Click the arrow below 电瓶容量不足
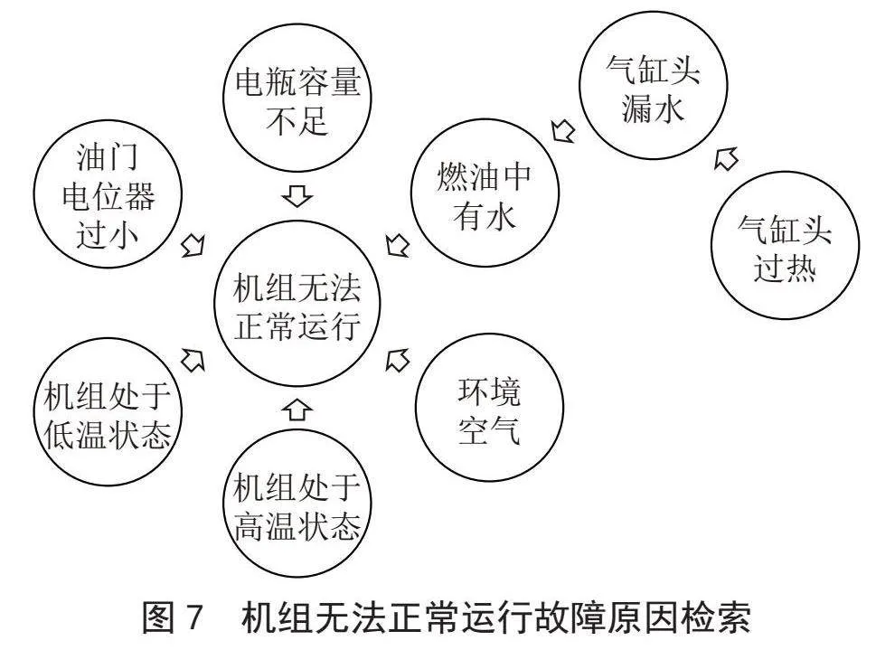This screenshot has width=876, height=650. (x=297, y=195)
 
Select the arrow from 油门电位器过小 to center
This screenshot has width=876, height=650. (x=193, y=245)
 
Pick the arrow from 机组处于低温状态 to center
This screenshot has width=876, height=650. (x=193, y=359)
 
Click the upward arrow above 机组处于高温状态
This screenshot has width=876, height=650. (x=297, y=410)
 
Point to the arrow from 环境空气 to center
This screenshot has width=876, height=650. (x=397, y=359)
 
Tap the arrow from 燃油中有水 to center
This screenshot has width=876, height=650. (x=397, y=245)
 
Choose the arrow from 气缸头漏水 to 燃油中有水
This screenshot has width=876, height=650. (x=562, y=131)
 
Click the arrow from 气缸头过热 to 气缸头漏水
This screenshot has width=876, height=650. (x=726, y=159)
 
